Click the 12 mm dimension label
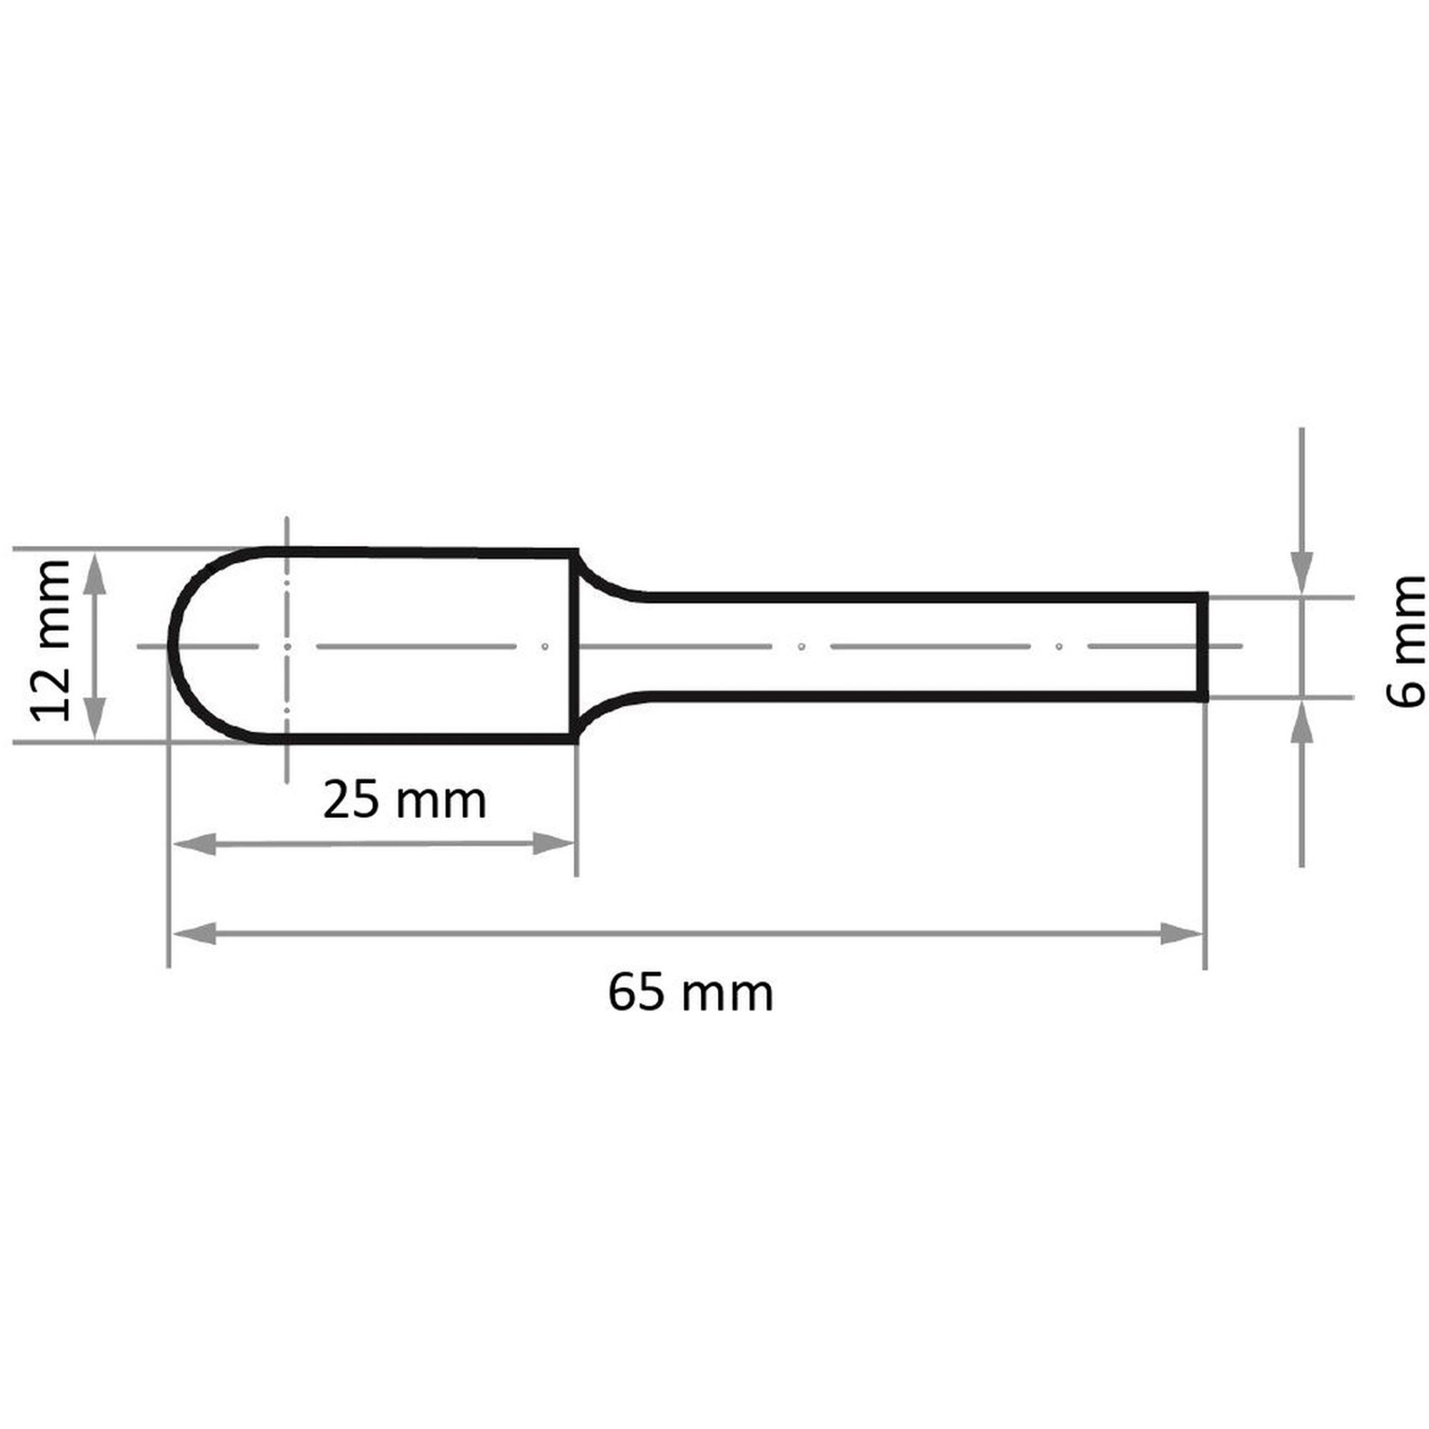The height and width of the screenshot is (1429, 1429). coord(49,640)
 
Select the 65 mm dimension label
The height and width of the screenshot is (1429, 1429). coord(691,993)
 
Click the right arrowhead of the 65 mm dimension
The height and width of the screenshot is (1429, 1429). coord(1180,933)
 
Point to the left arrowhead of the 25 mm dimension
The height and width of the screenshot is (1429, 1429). coord(194,844)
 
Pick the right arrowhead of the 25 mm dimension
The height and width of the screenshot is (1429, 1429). coord(553,844)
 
